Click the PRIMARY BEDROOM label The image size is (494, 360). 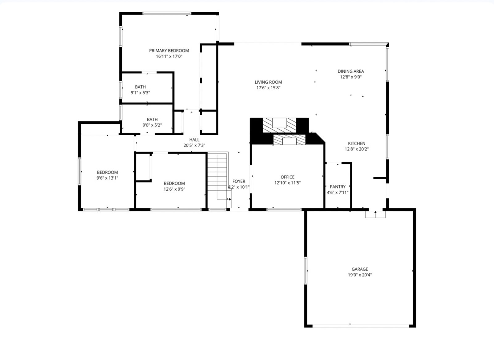169,51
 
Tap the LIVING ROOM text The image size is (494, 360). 268,82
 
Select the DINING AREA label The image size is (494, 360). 351,71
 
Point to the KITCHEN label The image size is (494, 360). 357,143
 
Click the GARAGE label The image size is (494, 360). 360,269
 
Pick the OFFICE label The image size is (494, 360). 287,177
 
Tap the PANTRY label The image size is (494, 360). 338,187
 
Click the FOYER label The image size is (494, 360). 239,181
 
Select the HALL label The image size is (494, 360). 194,140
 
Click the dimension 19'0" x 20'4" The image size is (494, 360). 360,275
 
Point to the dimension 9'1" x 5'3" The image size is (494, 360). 140,93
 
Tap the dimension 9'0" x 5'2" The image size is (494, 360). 152,125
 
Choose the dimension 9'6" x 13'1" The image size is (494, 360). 107,178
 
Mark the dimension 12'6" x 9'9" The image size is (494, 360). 174,189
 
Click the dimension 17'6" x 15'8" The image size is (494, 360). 268,88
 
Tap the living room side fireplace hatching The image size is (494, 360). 279,125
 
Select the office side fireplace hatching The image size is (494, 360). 289,140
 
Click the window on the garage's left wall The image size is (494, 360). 306,271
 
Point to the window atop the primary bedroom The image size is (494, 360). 167,14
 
